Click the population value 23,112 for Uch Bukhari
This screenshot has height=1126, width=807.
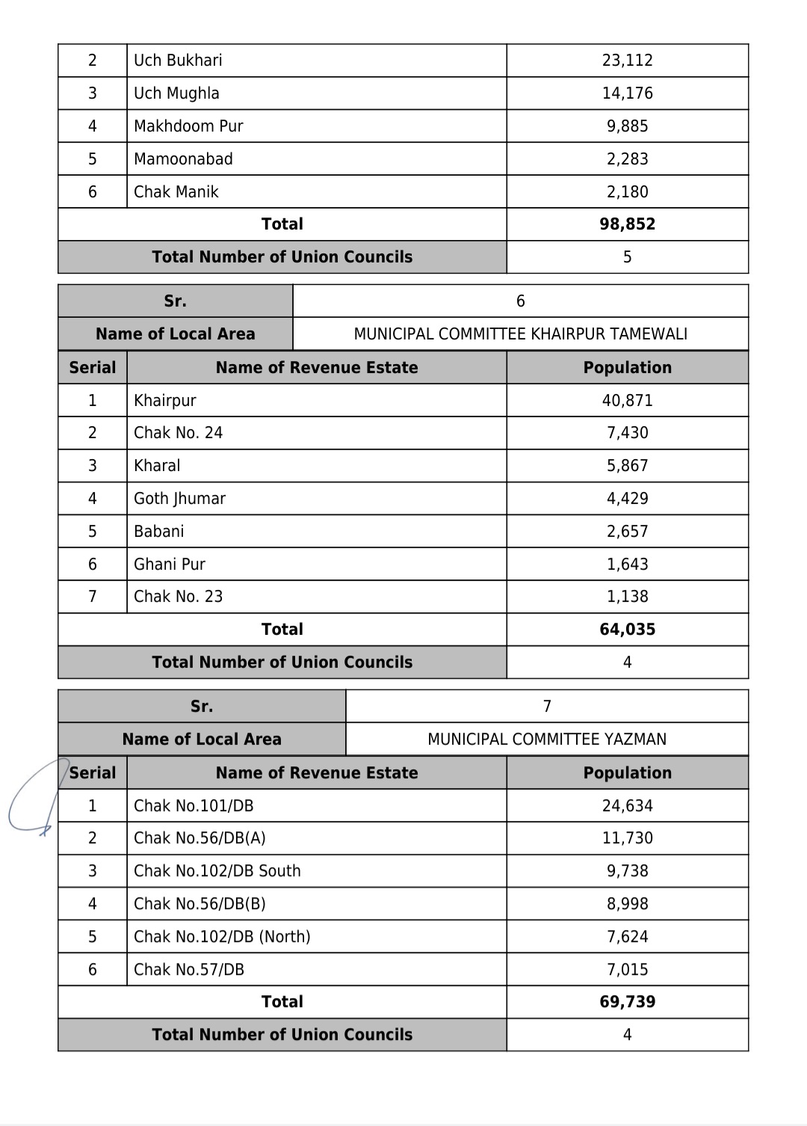(x=627, y=61)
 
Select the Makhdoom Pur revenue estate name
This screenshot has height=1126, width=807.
(x=188, y=126)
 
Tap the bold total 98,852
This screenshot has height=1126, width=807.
(x=627, y=224)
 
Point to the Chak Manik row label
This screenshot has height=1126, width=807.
(x=176, y=192)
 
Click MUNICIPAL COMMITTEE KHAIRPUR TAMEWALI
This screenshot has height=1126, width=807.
(x=520, y=334)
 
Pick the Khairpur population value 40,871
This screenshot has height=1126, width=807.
(x=627, y=401)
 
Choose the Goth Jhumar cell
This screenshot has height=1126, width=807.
(x=179, y=499)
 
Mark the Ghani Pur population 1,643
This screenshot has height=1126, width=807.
(x=627, y=564)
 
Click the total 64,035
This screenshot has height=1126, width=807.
(x=627, y=630)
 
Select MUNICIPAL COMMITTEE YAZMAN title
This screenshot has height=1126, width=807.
(x=547, y=739)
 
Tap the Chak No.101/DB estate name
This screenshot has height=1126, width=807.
(x=194, y=806)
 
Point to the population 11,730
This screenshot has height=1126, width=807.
(x=627, y=838)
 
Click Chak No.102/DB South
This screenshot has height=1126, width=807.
(x=217, y=871)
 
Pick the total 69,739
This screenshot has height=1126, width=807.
(x=627, y=1002)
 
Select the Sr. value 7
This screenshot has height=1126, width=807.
(x=547, y=707)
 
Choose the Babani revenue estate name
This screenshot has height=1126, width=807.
(x=158, y=532)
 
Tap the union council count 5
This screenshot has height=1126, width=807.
(x=627, y=257)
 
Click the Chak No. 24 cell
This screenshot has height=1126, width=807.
(x=178, y=433)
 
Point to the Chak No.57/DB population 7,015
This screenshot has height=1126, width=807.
(x=627, y=970)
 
